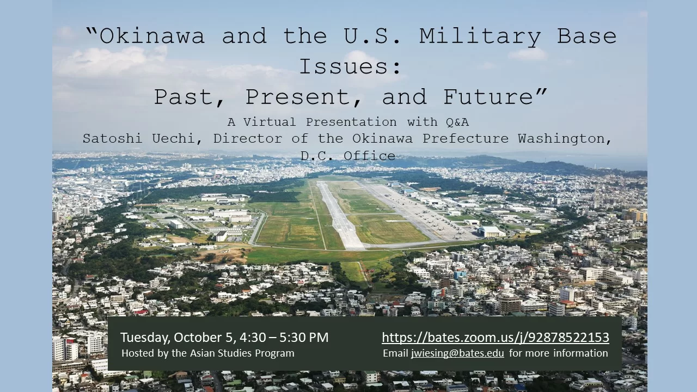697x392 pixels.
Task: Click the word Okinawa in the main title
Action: click(x=152, y=36)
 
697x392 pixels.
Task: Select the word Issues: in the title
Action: click(x=350, y=66)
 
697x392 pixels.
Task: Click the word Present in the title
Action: click(x=299, y=97)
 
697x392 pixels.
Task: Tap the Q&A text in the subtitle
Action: click(x=457, y=122)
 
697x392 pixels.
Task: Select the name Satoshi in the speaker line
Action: click(x=112, y=138)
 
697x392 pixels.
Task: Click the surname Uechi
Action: click(x=176, y=139)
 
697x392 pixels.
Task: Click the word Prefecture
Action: click(x=465, y=138)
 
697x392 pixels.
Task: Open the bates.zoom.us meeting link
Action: click(x=496, y=338)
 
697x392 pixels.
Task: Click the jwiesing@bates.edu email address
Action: click(x=457, y=353)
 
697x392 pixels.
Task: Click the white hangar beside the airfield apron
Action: click(x=491, y=232)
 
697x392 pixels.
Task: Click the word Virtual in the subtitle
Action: click(x=270, y=122)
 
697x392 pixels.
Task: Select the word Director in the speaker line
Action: click(x=248, y=138)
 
